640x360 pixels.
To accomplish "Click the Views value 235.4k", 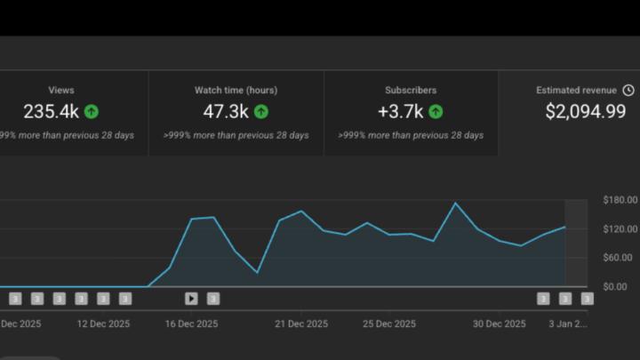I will pyautogui.click(x=51, y=111).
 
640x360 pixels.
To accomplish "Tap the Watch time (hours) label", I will pyautogui.click(x=236, y=91).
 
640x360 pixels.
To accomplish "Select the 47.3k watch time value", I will pyautogui.click(x=226, y=111).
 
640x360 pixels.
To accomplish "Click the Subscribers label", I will pyautogui.click(x=411, y=91).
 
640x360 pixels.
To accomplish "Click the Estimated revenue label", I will pyautogui.click(x=577, y=91).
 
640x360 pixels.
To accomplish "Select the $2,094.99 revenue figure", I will pyautogui.click(x=585, y=111).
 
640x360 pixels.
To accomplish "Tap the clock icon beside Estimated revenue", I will pyautogui.click(x=628, y=91).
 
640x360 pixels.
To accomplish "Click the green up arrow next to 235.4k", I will pyautogui.click(x=91, y=111).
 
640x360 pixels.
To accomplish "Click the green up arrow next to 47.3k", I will pyautogui.click(x=260, y=111).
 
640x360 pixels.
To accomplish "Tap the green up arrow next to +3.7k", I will pyautogui.click(x=436, y=111).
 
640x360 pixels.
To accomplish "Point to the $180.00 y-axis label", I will pyautogui.click(x=620, y=200).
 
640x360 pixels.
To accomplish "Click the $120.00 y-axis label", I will pyautogui.click(x=620, y=228).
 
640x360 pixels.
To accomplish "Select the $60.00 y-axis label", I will pyautogui.click(x=620, y=258).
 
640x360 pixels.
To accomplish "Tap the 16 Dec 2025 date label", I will pyautogui.click(x=192, y=324).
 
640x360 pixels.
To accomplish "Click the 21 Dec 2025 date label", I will pyautogui.click(x=301, y=324).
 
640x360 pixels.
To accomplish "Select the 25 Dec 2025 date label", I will pyautogui.click(x=389, y=324).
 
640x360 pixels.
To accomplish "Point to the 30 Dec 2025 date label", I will pyautogui.click(x=499, y=324).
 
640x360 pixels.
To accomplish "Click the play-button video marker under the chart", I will pyautogui.click(x=191, y=299).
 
